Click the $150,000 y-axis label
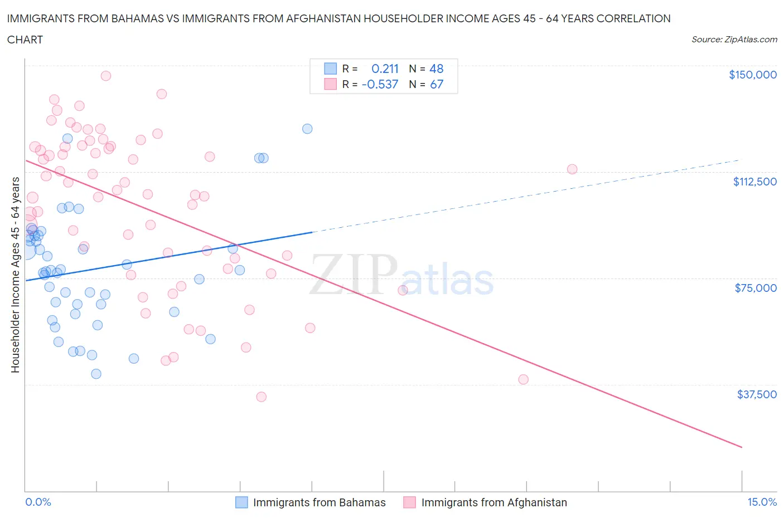coord(752,75)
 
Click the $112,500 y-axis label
coord(754,182)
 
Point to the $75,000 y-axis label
coord(756,288)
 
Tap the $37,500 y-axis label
coord(756,394)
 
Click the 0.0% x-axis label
coord(38,502)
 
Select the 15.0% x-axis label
coord(762,502)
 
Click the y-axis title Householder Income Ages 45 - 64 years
coord(15,275)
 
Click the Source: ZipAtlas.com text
coord(734,40)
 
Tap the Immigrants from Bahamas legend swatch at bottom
coord(241,502)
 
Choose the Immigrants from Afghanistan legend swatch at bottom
coord(410,502)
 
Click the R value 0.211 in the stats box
coord(385,69)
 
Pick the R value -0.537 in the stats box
coord(380,84)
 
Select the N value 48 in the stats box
coord(436,69)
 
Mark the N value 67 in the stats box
coord(436,84)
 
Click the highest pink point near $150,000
coord(105,76)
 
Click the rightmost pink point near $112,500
coord(572,169)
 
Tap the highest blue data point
coord(307,129)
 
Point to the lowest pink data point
coord(261,397)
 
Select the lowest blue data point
coord(96,374)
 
